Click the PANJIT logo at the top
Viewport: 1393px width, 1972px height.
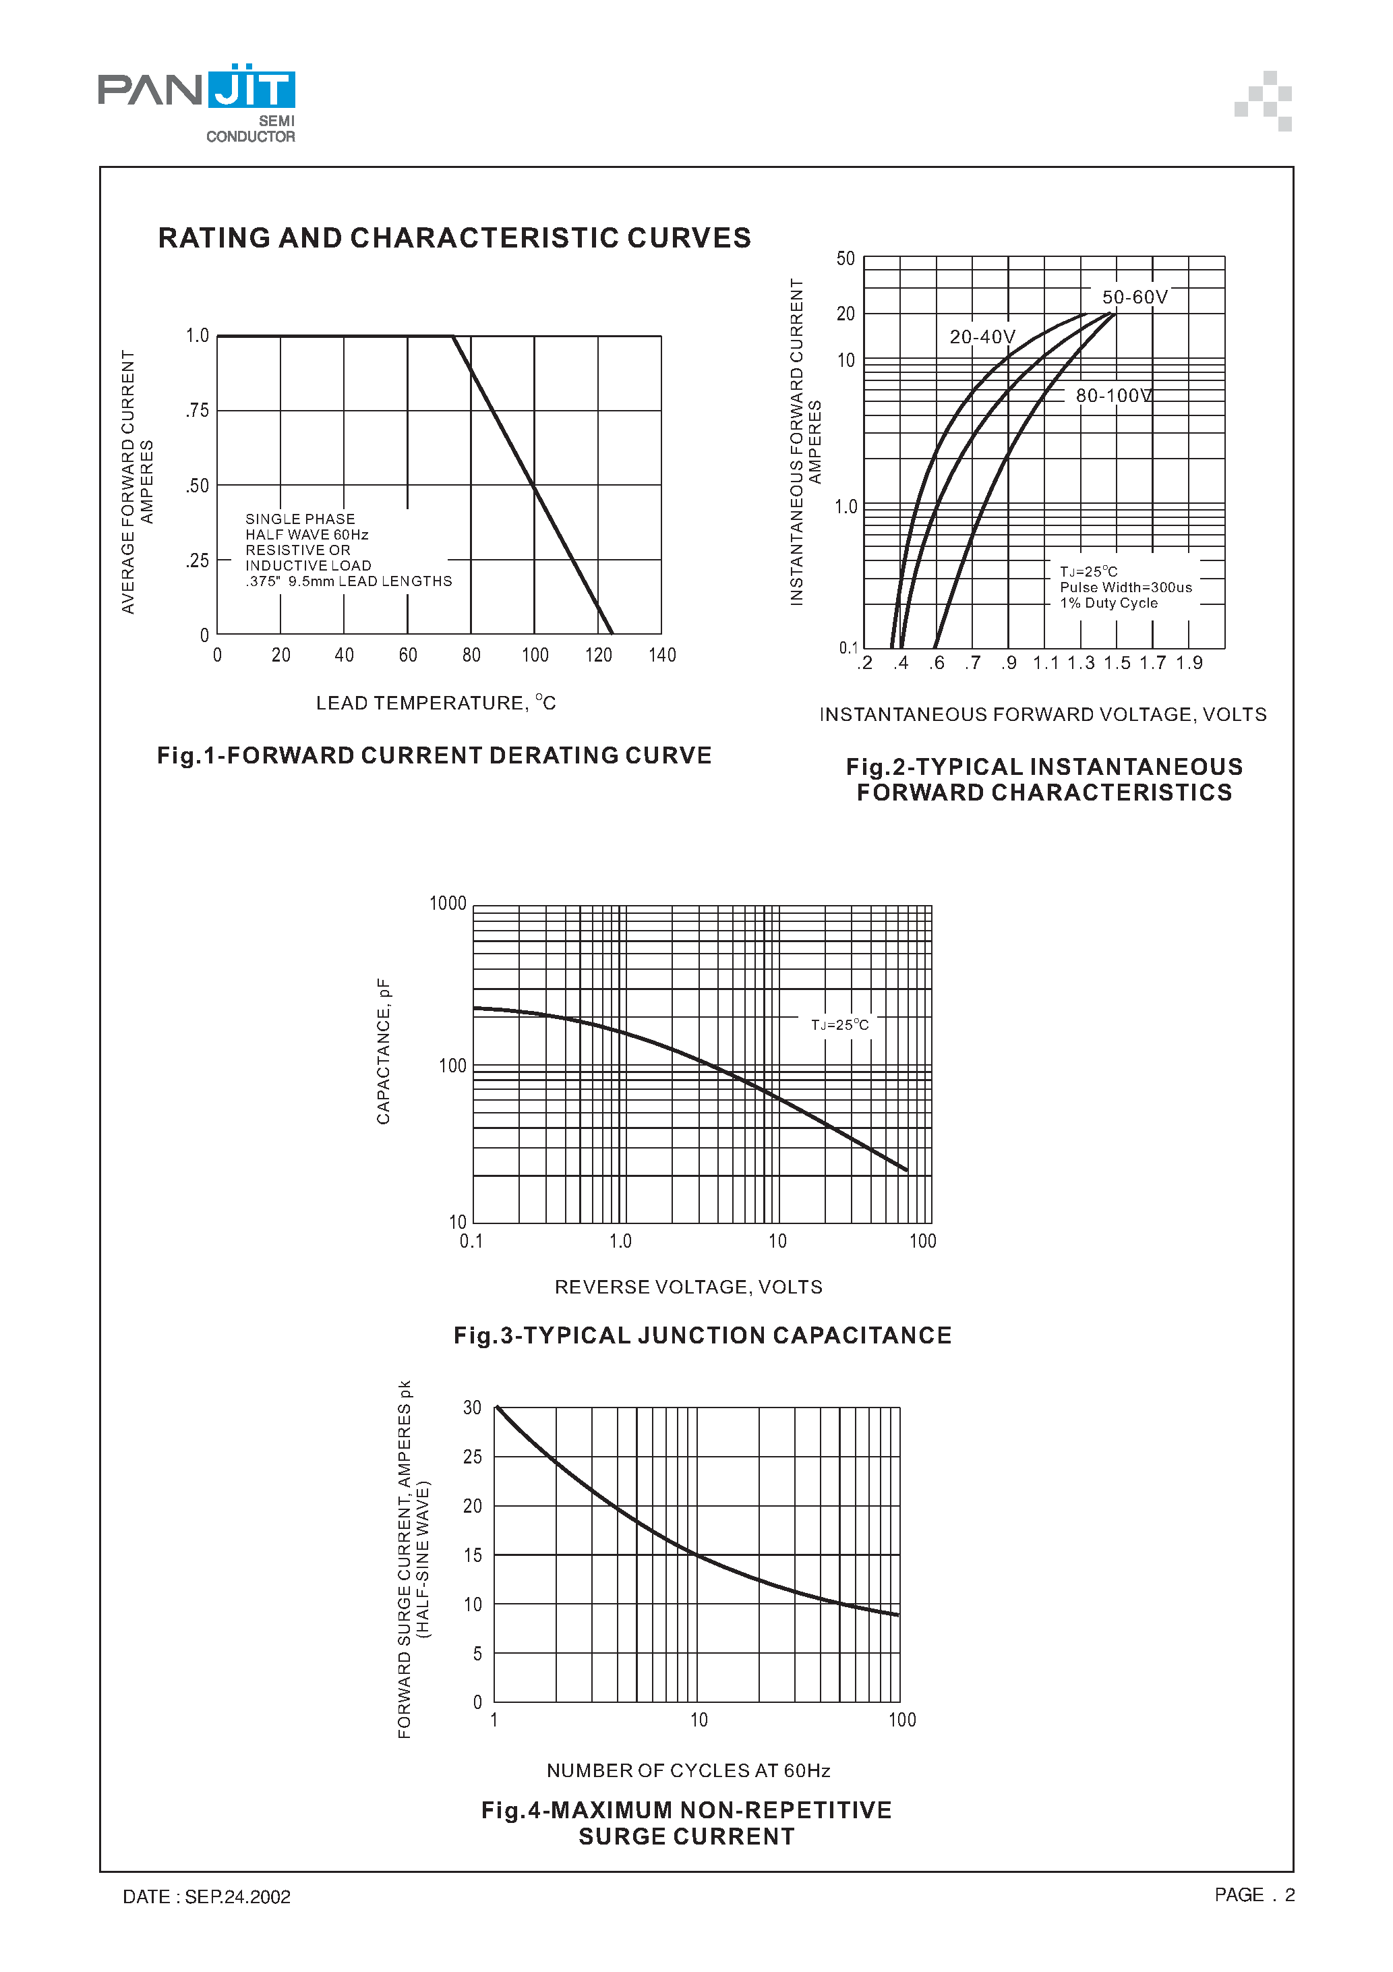pyautogui.click(x=197, y=101)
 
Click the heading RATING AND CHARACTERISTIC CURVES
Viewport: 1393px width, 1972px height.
pyautogui.click(x=454, y=238)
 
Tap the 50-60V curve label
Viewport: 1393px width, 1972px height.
pyautogui.click(x=1135, y=297)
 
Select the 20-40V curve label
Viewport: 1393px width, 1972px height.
pyautogui.click(x=982, y=337)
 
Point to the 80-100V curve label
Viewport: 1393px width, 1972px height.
pyautogui.click(x=1114, y=395)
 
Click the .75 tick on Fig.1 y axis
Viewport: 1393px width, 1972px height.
pyautogui.click(x=198, y=411)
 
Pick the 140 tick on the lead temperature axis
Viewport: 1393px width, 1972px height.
pyautogui.click(x=662, y=656)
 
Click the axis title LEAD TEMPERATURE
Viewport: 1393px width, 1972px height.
pyautogui.click(x=436, y=703)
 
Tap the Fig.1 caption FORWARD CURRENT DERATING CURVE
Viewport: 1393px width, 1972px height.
pyautogui.click(x=434, y=756)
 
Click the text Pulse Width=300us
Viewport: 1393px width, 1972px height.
pyautogui.click(x=1125, y=587)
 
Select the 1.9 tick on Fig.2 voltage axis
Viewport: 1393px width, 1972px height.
pyautogui.click(x=1189, y=663)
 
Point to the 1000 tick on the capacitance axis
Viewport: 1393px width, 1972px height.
pyautogui.click(x=448, y=904)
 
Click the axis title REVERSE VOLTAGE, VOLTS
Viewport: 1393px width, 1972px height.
pyautogui.click(x=688, y=1287)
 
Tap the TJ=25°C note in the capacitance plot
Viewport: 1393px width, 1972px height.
pyautogui.click(x=839, y=1024)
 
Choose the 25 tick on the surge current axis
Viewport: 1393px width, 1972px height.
pyautogui.click(x=473, y=1457)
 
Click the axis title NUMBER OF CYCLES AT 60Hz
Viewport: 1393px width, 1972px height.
pyautogui.click(x=688, y=1770)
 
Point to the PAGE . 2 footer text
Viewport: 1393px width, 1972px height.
pyautogui.click(x=1254, y=1894)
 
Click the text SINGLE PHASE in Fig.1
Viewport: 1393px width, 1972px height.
pyautogui.click(x=300, y=519)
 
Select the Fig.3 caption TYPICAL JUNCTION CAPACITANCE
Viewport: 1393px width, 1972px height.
pyautogui.click(x=702, y=1335)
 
